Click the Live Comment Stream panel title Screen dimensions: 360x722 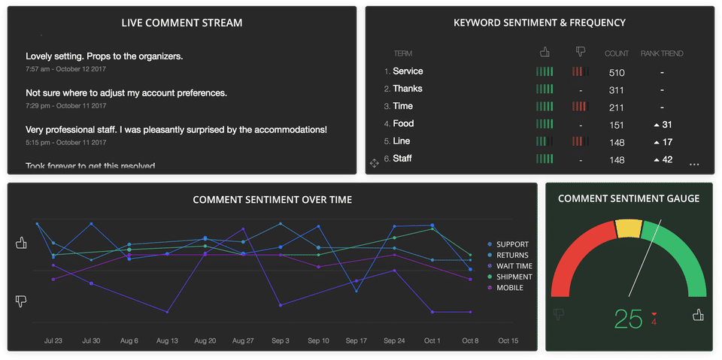point(182,23)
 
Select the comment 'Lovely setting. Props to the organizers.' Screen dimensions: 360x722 point(105,56)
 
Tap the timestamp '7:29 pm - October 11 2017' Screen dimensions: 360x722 point(66,106)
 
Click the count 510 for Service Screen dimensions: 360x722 point(617,73)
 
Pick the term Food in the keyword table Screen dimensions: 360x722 point(403,124)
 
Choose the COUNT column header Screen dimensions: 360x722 point(617,53)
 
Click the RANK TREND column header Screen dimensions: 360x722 point(662,53)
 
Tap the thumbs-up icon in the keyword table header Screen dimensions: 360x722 point(545,52)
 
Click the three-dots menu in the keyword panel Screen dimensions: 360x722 point(694,164)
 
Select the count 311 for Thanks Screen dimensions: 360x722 point(617,90)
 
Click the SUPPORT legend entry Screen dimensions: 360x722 point(512,244)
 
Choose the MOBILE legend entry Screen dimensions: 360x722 point(509,288)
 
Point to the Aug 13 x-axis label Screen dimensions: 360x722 point(166,340)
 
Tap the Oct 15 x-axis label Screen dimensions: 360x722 point(508,340)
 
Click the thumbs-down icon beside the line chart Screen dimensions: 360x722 point(21,301)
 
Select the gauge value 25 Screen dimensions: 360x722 point(628,319)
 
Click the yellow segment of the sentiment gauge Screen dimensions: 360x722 point(627,228)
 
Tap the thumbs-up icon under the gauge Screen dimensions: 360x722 point(697,315)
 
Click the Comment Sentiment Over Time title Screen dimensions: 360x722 point(272,200)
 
